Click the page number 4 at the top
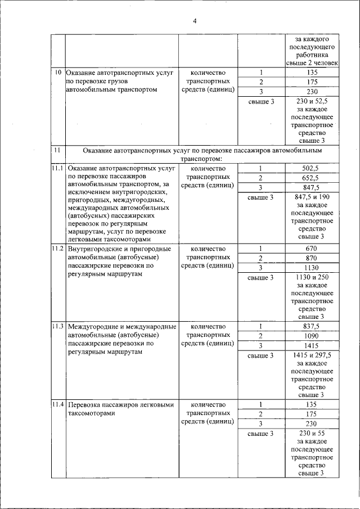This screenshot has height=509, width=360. pos(195,21)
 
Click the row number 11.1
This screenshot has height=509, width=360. pos(58,168)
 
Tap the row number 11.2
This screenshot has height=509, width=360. pos(58,248)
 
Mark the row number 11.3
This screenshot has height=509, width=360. pos(58,326)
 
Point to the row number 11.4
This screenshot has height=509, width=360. pos(58,404)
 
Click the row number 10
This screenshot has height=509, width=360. pos(58,73)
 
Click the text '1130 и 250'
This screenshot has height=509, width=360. pos(311,277)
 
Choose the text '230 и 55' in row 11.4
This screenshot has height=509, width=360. pos(311,434)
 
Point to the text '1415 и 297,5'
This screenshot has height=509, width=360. pos(311,355)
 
